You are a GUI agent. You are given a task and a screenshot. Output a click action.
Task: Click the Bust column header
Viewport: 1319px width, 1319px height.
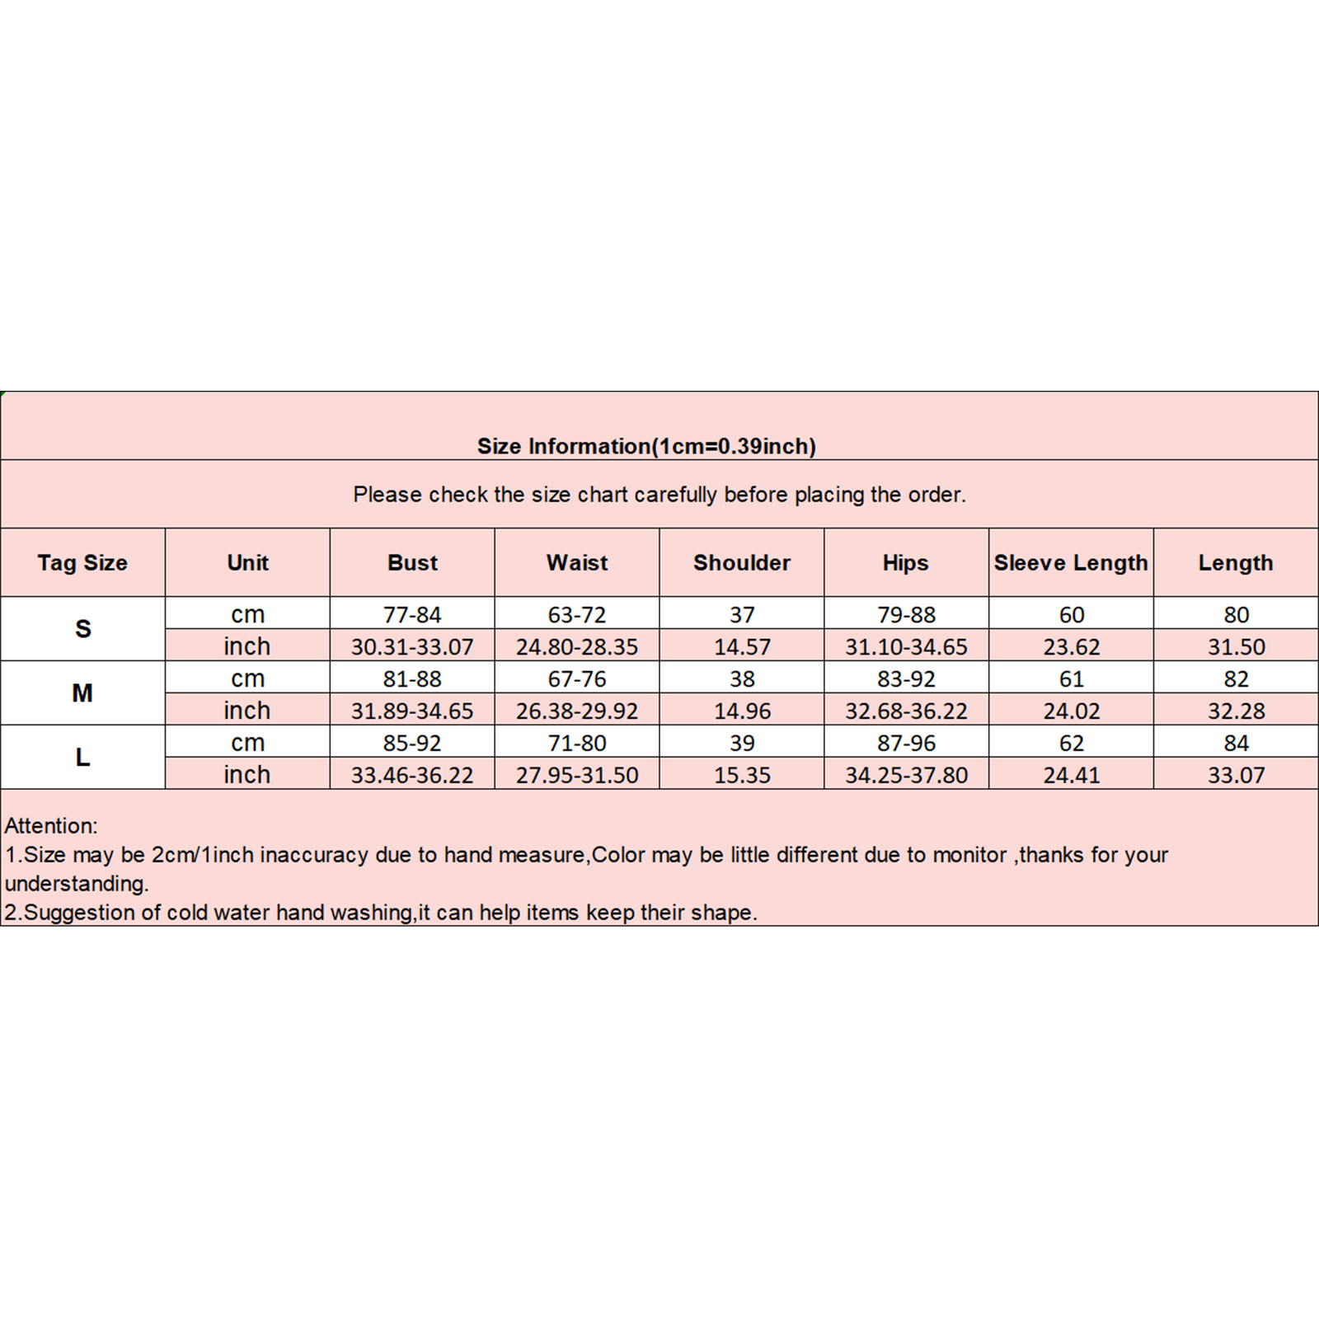[x=412, y=563]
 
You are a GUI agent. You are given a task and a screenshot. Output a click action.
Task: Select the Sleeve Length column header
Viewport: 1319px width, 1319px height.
[x=1070, y=563]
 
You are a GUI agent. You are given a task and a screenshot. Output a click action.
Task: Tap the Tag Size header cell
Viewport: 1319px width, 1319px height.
[x=82, y=563]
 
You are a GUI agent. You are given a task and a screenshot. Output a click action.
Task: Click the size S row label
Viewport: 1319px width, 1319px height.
[x=82, y=629]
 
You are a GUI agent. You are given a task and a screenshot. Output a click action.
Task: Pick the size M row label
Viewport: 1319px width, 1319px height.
[x=82, y=693]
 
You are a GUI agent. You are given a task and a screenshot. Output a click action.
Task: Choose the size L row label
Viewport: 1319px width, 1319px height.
[x=82, y=758]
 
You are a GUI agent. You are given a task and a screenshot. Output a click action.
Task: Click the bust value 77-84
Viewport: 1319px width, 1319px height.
[x=412, y=615]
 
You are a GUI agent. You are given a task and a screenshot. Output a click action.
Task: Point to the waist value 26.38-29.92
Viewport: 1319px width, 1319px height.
[x=577, y=711]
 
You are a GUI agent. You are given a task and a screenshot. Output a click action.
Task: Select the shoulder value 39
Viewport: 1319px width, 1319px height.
[x=742, y=744]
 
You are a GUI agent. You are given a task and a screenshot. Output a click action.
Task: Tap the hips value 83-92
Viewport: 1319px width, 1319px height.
[x=906, y=679]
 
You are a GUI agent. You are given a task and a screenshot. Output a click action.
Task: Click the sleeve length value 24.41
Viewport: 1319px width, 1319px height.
[x=1071, y=775]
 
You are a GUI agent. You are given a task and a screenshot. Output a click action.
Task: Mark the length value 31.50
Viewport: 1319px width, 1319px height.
[x=1236, y=647]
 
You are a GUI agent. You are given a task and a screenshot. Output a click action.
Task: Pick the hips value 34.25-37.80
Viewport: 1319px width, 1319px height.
[x=906, y=775]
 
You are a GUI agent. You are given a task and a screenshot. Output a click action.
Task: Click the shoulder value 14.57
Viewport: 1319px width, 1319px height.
[x=742, y=647]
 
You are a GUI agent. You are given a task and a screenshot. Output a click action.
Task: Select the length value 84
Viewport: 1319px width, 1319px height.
[x=1236, y=744]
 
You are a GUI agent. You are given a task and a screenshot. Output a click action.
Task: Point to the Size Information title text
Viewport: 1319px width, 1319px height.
[x=646, y=446]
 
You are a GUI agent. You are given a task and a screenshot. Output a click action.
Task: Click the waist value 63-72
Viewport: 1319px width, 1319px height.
[x=577, y=615]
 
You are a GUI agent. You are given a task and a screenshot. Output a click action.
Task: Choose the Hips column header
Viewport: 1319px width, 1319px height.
[x=905, y=563]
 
